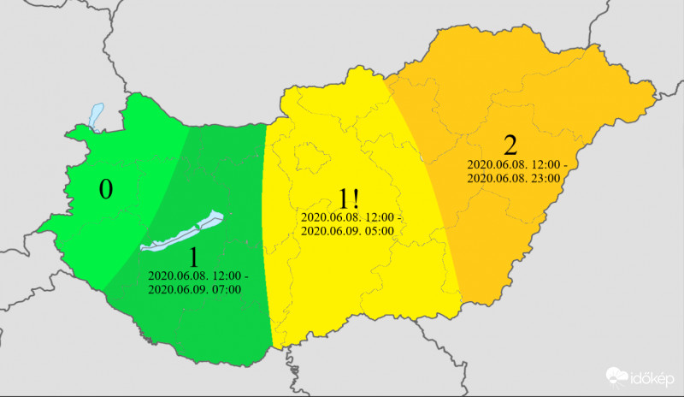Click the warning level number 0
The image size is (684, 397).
point(105,189)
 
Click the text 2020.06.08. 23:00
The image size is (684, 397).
point(513,178)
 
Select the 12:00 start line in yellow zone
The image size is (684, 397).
point(351,217)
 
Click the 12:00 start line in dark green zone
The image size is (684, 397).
point(198,276)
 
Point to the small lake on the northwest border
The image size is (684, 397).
point(96,116)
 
